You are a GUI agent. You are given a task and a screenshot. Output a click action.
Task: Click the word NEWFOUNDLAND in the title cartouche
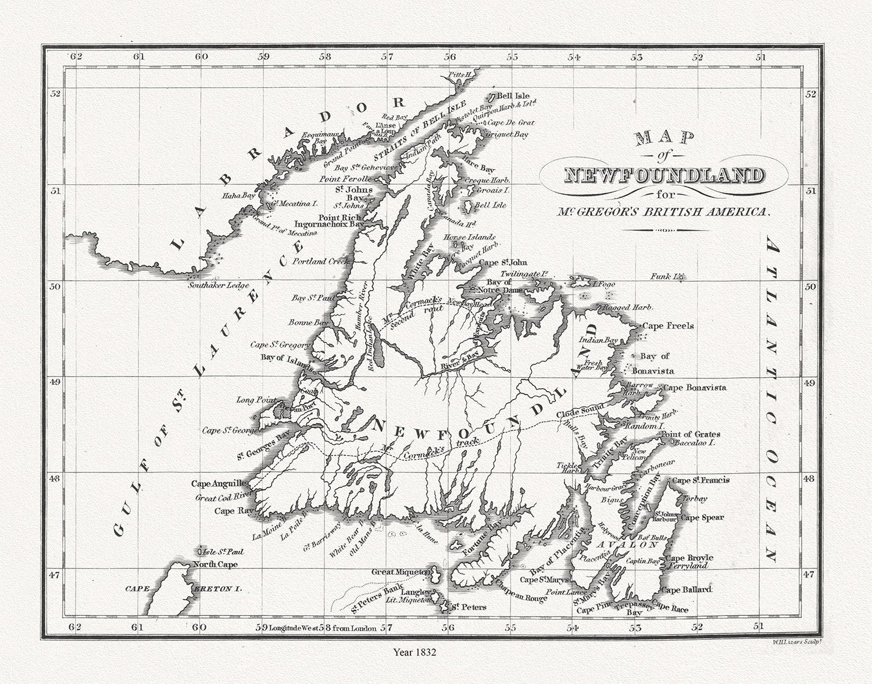click(x=664, y=175)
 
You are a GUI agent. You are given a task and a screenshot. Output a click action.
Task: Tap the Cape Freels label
click(x=668, y=326)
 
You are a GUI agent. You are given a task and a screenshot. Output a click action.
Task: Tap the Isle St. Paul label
click(x=221, y=552)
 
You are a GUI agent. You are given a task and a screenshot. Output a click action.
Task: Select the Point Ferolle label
click(x=345, y=180)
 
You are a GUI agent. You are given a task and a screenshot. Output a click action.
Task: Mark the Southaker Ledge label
click(x=219, y=285)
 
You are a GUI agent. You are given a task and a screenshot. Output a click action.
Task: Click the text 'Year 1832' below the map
click(x=414, y=652)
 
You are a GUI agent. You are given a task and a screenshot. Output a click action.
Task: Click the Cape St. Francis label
click(x=700, y=481)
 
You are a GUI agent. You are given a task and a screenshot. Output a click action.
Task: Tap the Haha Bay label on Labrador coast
click(x=238, y=196)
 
